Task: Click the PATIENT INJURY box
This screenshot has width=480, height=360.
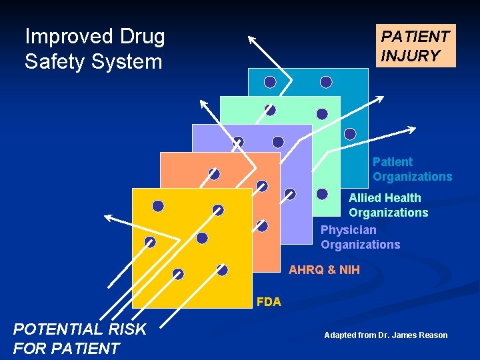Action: coord(415,46)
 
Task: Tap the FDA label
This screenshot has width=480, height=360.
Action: coord(269,302)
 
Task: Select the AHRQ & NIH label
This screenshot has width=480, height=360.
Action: coord(324,270)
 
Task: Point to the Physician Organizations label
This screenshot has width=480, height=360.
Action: coord(360,237)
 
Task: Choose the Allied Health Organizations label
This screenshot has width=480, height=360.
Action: coord(388,205)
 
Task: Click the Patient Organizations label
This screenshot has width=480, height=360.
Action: coord(412,169)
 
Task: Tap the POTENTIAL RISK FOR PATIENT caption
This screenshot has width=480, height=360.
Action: coord(79,339)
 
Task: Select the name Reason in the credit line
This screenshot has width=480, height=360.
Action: coord(432,335)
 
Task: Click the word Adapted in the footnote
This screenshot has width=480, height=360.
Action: coord(340,335)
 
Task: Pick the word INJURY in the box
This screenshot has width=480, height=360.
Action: coord(410,56)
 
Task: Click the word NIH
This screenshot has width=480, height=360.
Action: coord(348,270)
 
